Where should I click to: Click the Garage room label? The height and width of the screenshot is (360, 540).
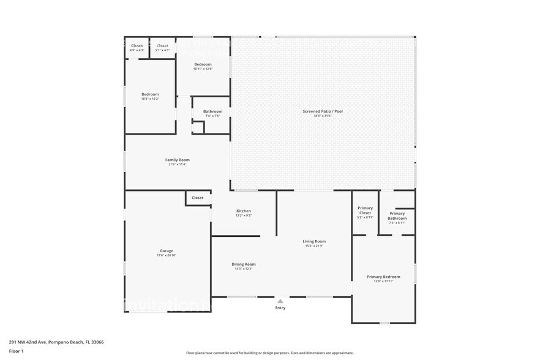(x=167, y=251)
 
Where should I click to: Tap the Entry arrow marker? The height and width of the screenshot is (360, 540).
(x=280, y=301)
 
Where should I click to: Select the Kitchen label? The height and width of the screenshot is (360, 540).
(x=244, y=211)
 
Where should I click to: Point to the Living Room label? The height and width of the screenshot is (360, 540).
(x=314, y=241)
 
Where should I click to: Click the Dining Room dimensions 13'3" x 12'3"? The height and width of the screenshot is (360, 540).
(x=244, y=269)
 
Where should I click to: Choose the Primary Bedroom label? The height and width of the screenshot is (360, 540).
(x=383, y=277)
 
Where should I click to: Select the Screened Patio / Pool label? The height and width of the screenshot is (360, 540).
(x=323, y=111)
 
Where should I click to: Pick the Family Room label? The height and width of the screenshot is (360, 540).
(x=177, y=160)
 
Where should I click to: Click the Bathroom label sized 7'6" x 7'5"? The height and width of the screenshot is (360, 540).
(x=213, y=111)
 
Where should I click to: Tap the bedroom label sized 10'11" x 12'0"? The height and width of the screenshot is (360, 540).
(x=203, y=64)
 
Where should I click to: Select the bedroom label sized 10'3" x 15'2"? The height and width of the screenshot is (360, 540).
(x=150, y=94)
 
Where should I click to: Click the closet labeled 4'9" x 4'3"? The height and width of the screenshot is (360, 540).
(x=137, y=46)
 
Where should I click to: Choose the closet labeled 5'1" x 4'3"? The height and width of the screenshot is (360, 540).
(x=163, y=46)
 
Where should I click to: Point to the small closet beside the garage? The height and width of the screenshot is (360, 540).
(x=197, y=198)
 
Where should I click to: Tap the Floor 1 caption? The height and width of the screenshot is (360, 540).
(x=16, y=351)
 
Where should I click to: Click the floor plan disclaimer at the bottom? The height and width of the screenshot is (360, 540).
(x=269, y=353)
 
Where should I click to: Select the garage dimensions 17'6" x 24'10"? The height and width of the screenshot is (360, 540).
(x=167, y=255)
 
